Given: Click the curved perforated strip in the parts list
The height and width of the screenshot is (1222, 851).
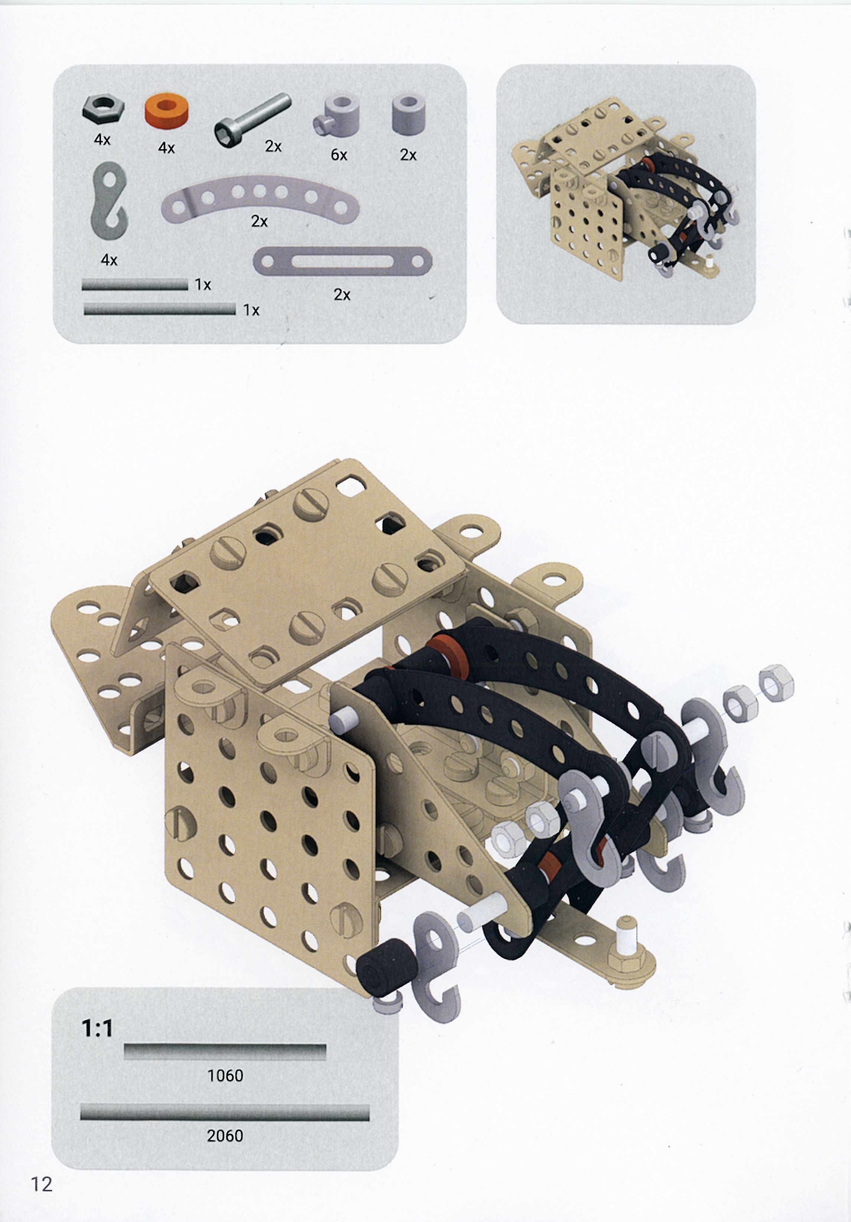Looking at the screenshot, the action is click(x=260, y=199).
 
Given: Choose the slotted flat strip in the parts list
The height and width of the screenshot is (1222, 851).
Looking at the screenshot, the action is click(x=342, y=261).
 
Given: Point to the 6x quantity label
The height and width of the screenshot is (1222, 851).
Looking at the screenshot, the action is click(x=339, y=155).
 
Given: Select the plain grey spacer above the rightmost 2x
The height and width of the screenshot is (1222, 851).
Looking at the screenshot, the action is click(x=408, y=114).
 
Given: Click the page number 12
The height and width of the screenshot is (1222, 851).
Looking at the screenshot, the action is click(x=42, y=1184).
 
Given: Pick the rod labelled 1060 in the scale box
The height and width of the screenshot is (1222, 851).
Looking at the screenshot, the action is click(x=225, y=1052).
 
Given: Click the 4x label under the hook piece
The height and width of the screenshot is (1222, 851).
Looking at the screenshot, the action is click(x=109, y=260).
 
